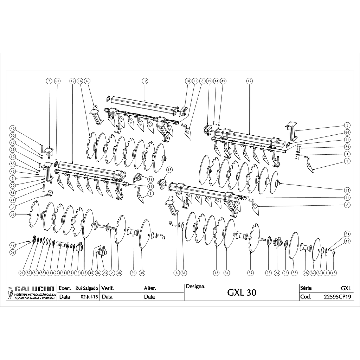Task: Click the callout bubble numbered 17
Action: tap(249, 81)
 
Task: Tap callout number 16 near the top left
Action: tap(80, 81)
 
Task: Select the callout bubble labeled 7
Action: tap(49, 81)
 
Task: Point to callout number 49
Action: tap(223, 81)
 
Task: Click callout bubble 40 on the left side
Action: tap(13, 128)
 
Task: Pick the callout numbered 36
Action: tap(13, 214)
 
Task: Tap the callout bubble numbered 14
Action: tap(347, 189)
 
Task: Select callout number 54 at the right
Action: tap(347, 234)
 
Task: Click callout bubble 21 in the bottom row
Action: tap(22, 272)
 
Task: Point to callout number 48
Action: tap(333, 272)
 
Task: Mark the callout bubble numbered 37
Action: tap(250, 272)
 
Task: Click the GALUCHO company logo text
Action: tap(34, 289)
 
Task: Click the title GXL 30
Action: tap(242, 292)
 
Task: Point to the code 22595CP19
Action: tap(337, 297)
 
